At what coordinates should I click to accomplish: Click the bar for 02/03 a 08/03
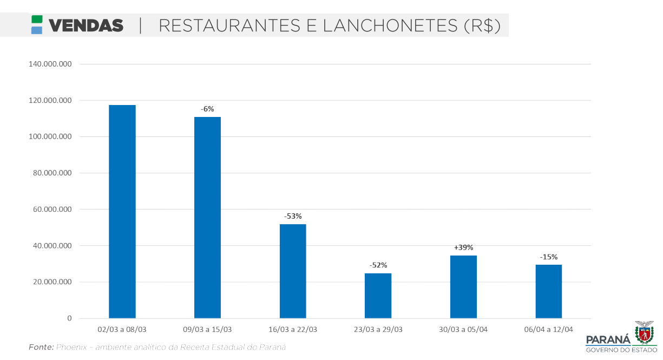[x=122, y=211]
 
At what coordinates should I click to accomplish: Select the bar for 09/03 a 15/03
[x=207, y=217]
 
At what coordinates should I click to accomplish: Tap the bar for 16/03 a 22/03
[x=293, y=271]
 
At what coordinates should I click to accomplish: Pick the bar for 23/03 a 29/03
[x=378, y=296]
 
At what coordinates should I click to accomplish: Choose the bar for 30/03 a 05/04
[x=463, y=286]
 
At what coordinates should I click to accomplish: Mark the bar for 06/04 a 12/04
[x=548, y=291]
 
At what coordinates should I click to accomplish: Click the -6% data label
[x=207, y=109]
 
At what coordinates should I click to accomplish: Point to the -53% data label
[x=293, y=216]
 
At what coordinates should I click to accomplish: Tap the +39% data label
[x=463, y=247]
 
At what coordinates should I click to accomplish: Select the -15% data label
[x=548, y=257]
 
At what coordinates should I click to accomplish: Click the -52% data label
[x=378, y=265]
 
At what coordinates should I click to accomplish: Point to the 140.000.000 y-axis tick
[x=50, y=64]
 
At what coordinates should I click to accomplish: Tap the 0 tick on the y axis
[x=69, y=318]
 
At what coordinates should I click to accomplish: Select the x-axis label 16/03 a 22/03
[x=293, y=329]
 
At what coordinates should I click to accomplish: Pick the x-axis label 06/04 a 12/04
[x=548, y=329]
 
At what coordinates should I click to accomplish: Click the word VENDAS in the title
[x=86, y=25]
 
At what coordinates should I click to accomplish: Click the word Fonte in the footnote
[x=41, y=347]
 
